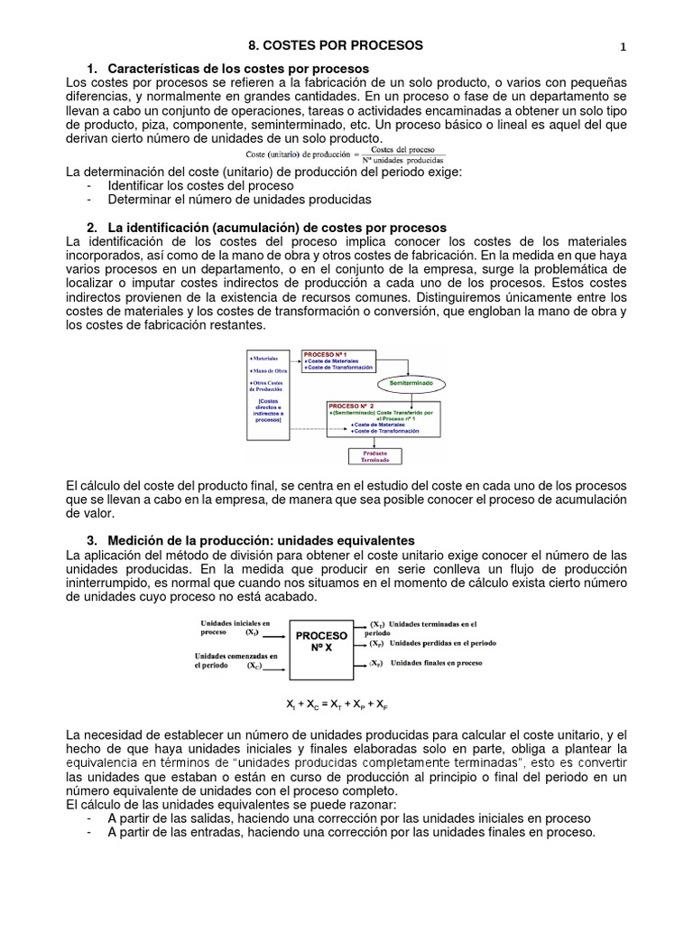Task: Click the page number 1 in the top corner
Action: [623, 47]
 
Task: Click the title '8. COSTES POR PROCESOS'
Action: [335, 45]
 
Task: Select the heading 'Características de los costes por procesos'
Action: [237, 70]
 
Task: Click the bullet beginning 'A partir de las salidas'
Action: [348, 818]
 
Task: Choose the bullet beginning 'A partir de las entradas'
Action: [351, 832]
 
